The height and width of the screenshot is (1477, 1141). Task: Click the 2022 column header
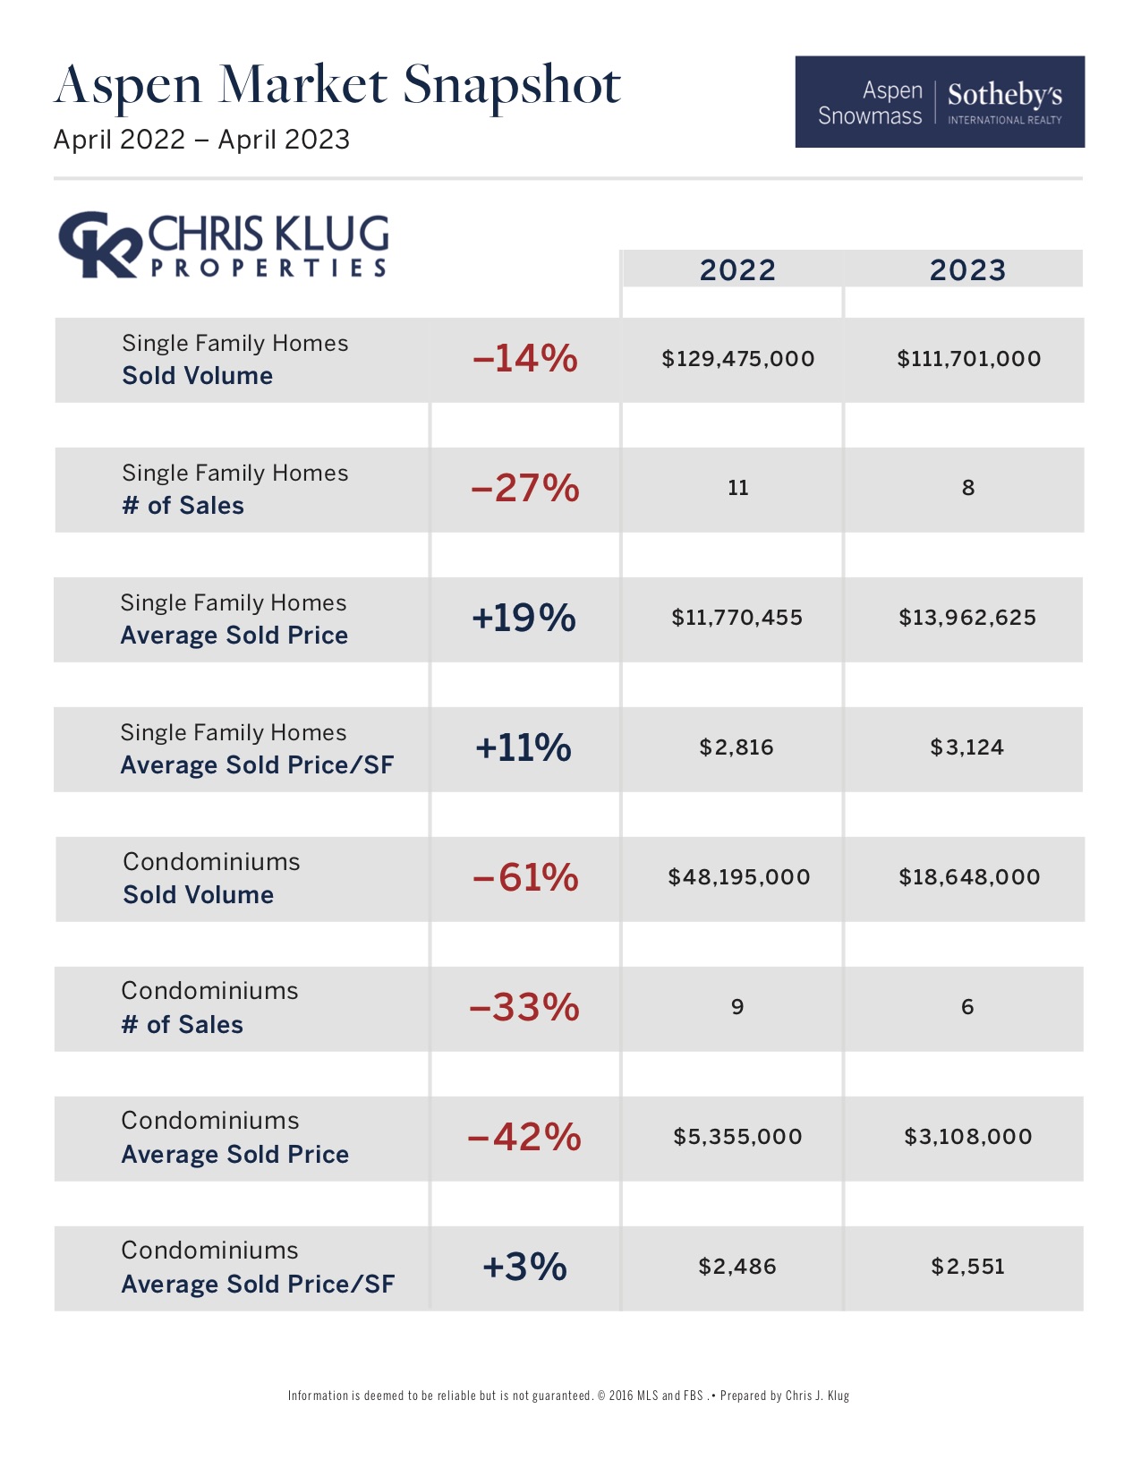pyautogui.click(x=737, y=269)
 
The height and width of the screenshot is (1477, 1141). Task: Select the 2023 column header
pyautogui.click(x=967, y=269)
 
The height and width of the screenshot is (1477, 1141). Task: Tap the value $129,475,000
pyautogui.click(x=737, y=359)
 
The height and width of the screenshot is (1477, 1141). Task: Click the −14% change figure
pyautogui.click(x=524, y=359)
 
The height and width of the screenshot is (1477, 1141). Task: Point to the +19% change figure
pyautogui.click(x=524, y=618)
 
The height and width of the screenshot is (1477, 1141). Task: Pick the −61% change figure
pyautogui.click(x=525, y=877)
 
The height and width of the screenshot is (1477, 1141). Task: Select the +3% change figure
pyautogui.click(x=524, y=1267)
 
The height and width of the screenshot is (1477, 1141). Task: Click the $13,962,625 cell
pyautogui.click(x=967, y=618)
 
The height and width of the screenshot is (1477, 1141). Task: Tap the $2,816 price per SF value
pyautogui.click(x=737, y=747)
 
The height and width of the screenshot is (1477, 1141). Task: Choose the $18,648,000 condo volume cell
pyautogui.click(x=969, y=877)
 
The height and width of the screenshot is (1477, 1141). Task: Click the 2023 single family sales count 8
pyautogui.click(x=967, y=488)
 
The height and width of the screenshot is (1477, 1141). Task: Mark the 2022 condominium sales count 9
pyautogui.click(x=737, y=1007)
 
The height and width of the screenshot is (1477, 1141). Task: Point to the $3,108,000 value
pyautogui.click(x=967, y=1137)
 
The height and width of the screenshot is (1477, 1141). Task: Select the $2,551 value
pyautogui.click(x=967, y=1267)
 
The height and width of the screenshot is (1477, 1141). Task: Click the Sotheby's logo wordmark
pyautogui.click(x=1004, y=95)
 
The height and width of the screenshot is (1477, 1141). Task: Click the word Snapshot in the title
pyautogui.click(x=511, y=86)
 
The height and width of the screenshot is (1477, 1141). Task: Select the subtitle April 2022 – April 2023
pyautogui.click(x=201, y=140)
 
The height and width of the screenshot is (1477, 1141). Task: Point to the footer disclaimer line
pyautogui.click(x=568, y=1396)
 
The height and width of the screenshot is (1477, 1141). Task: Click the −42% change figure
pyautogui.click(x=524, y=1137)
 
